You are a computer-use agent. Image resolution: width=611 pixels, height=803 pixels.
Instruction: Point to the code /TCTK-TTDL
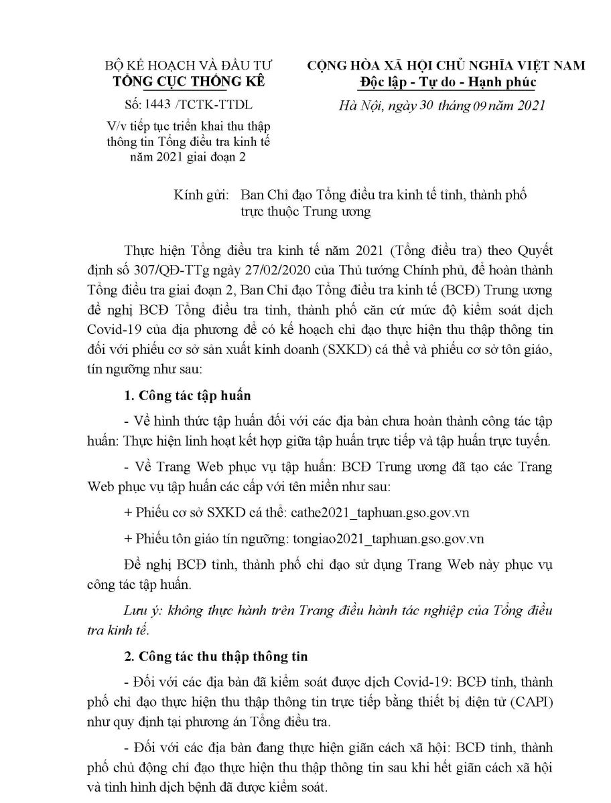point(212,106)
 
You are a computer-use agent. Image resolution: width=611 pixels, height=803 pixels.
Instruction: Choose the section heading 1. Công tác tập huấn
point(188,395)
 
